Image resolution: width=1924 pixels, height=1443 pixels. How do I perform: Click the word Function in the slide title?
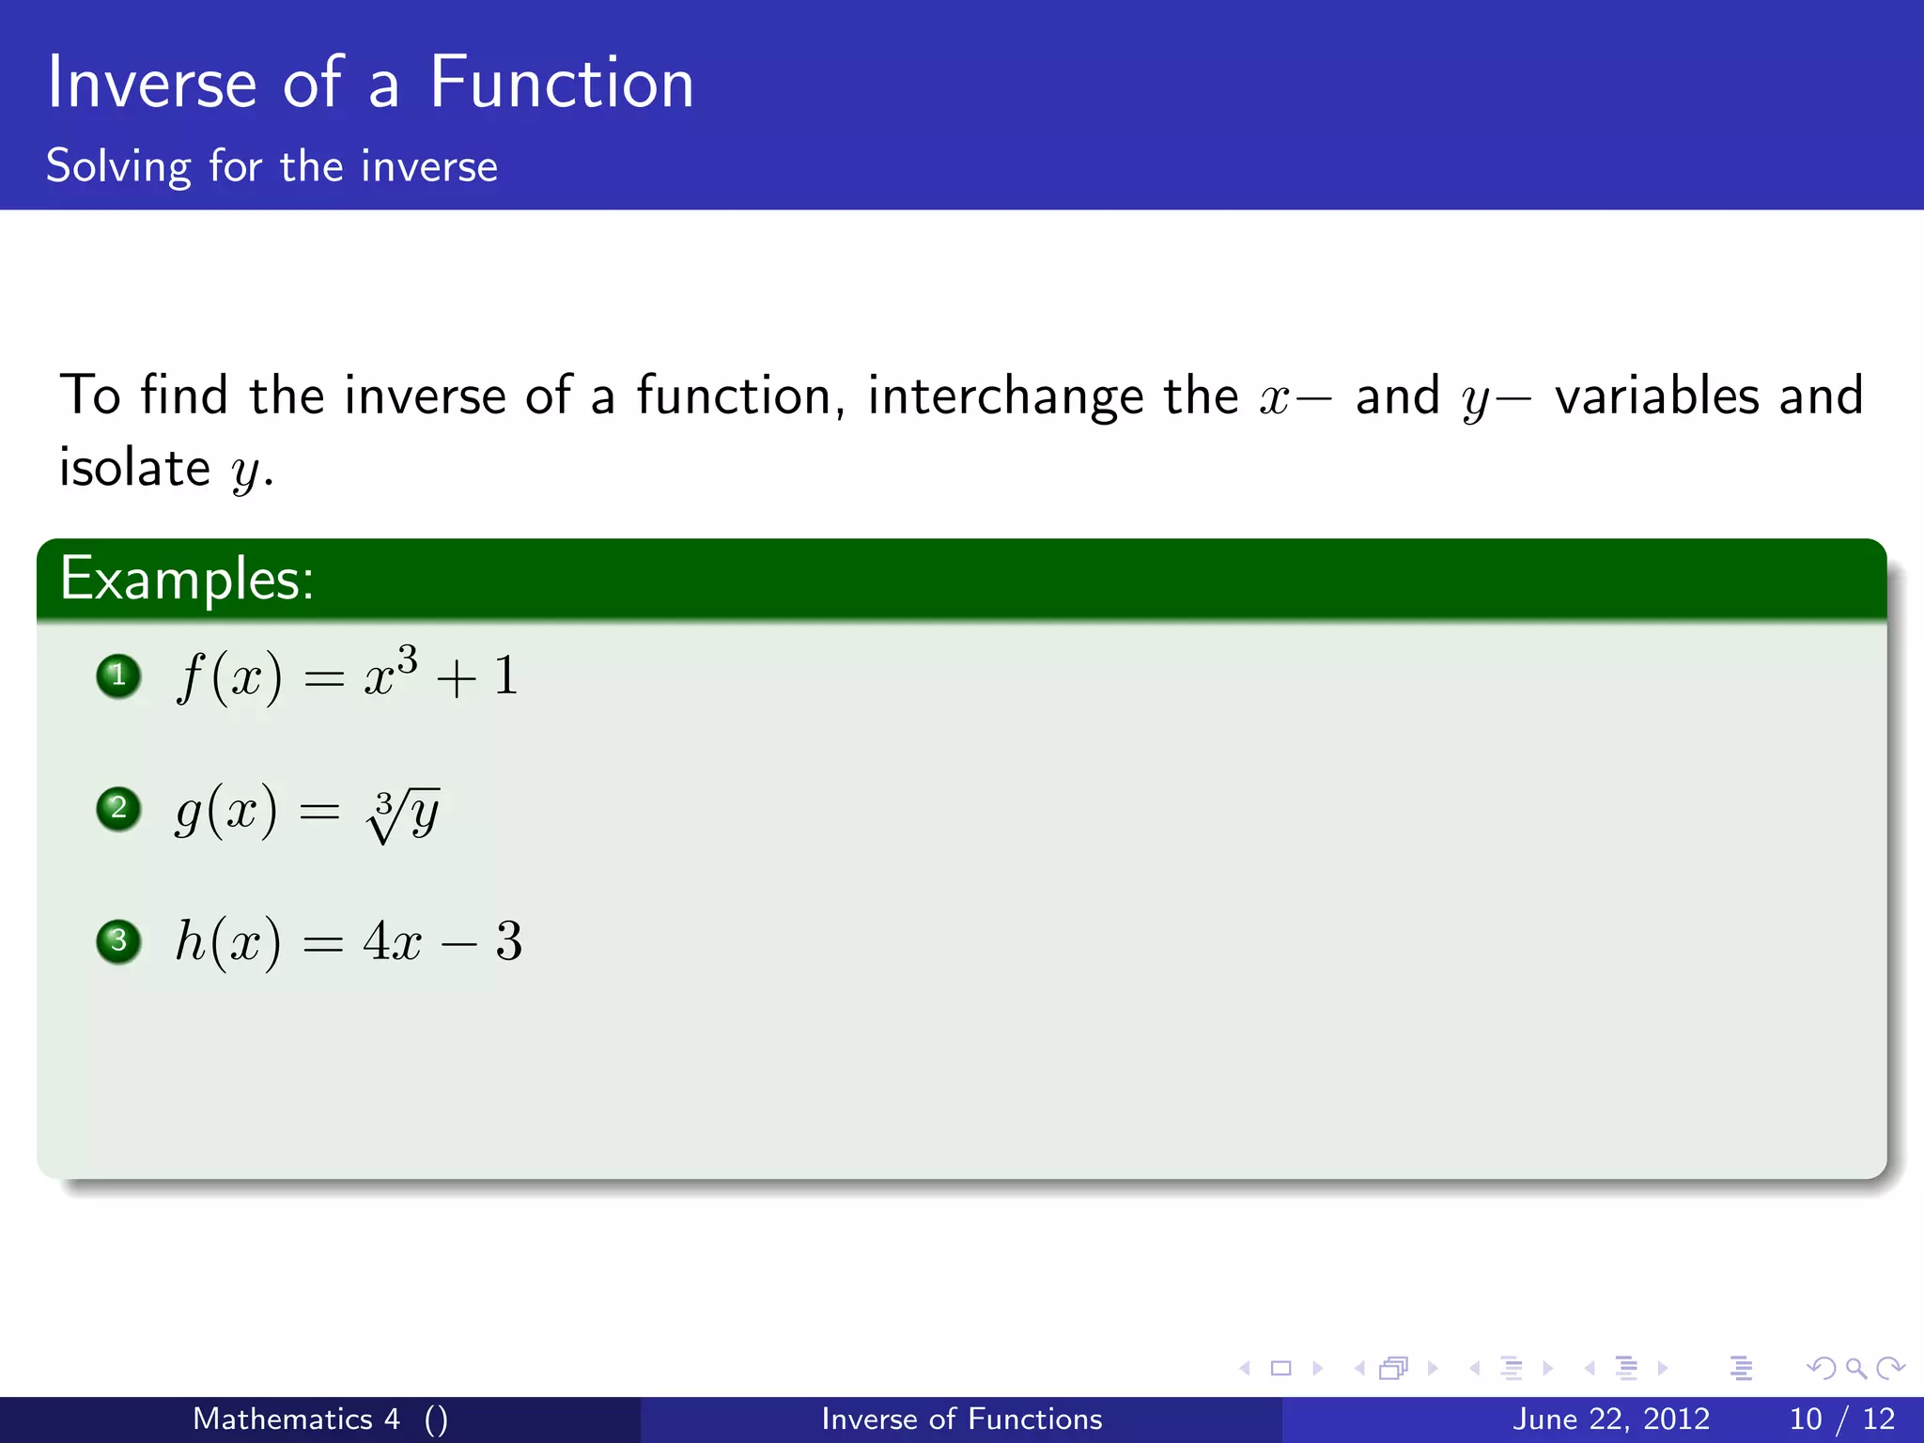pyautogui.click(x=561, y=83)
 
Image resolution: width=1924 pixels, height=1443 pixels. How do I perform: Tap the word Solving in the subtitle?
pyautogui.click(x=118, y=166)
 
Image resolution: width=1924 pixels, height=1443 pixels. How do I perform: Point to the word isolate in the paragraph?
pyautogui.click(x=134, y=467)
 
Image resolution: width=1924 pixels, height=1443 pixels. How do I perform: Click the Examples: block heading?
pyautogui.click(x=187, y=578)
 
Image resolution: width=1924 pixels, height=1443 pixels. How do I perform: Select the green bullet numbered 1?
pyautogui.click(x=118, y=675)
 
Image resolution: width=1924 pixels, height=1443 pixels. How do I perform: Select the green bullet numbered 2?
pyautogui.click(x=118, y=808)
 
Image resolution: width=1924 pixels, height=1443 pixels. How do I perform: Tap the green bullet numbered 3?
pyautogui.click(x=118, y=940)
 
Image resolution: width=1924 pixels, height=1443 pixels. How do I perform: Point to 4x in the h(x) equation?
pyautogui.click(x=393, y=940)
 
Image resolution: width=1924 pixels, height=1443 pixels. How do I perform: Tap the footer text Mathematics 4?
pyautogui.click(x=296, y=1419)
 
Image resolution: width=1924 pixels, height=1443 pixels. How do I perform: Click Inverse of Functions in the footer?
pyautogui.click(x=961, y=1419)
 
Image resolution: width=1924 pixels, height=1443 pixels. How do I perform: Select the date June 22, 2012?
pyautogui.click(x=1610, y=1419)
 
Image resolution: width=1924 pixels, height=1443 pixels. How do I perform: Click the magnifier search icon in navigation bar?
pyautogui.click(x=1855, y=1368)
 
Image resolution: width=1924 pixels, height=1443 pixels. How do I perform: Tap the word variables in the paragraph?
pyautogui.click(x=1656, y=395)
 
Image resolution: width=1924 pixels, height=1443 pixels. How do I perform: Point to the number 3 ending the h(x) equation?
pyautogui.click(x=508, y=940)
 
